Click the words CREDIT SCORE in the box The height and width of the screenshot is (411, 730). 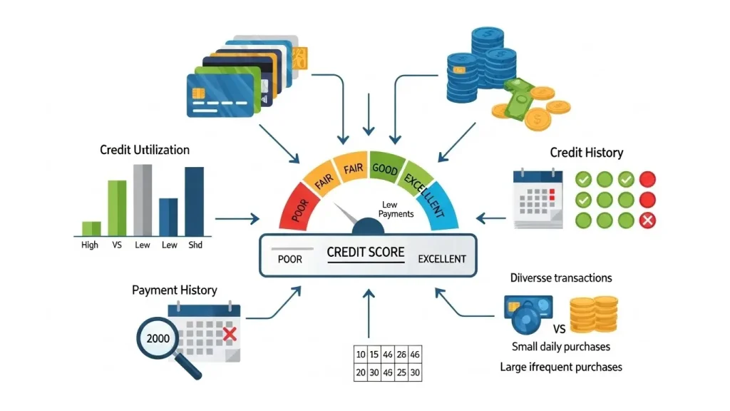(x=365, y=253)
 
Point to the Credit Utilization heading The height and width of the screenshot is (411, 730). (x=145, y=150)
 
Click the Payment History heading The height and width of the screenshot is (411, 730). (x=175, y=290)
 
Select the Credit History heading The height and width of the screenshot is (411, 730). (x=586, y=152)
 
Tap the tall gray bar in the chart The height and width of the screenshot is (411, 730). (x=143, y=199)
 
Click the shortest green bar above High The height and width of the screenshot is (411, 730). (x=91, y=228)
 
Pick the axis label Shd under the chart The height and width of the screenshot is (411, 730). (x=195, y=245)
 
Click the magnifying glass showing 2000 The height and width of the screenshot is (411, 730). (x=159, y=338)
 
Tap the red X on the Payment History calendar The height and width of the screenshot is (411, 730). (x=229, y=334)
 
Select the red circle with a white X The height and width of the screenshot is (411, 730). (x=647, y=220)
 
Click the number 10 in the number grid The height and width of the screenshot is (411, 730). (x=361, y=354)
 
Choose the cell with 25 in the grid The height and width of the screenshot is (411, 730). (x=401, y=372)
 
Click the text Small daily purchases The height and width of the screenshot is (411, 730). (x=561, y=347)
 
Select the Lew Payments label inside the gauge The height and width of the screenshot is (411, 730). (x=396, y=210)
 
